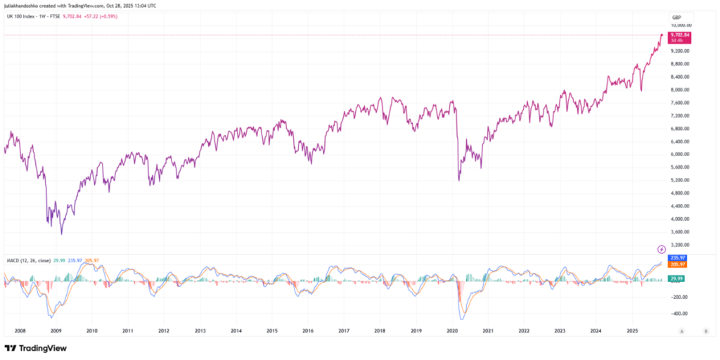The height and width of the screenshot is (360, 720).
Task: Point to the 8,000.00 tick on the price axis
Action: pos(679,90)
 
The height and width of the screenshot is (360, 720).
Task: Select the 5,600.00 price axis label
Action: pos(679,167)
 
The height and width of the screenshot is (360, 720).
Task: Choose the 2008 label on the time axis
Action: pos(19,330)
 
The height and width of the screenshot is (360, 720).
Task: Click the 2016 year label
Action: pos(308,330)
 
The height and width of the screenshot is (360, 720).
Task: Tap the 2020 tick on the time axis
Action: pos(452,330)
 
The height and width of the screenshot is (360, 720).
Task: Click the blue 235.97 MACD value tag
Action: pos(679,257)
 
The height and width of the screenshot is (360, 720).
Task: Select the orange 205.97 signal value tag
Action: pos(679,264)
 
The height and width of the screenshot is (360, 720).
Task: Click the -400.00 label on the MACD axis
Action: pos(679,314)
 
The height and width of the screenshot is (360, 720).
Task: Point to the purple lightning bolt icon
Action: pos(661,249)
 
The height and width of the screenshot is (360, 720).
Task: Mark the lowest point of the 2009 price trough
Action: pos(62,233)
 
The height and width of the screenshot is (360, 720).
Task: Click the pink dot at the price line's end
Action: pos(662,34)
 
